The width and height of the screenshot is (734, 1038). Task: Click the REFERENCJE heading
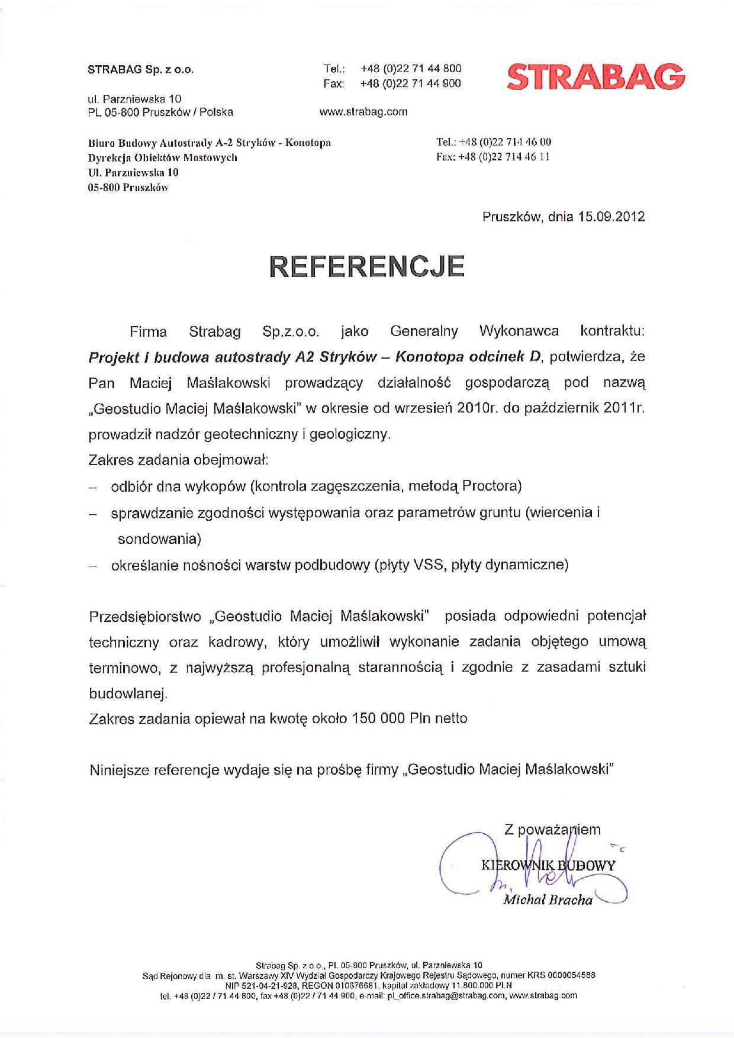click(x=367, y=267)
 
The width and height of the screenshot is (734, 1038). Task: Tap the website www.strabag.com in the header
click(x=363, y=111)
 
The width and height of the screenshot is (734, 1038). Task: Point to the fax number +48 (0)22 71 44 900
click(x=410, y=83)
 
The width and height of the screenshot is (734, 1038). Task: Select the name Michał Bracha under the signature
click(x=548, y=900)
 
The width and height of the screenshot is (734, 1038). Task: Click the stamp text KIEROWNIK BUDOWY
click(x=548, y=865)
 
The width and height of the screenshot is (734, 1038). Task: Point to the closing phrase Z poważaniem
click(x=552, y=830)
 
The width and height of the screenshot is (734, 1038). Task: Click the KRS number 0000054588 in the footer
click(x=572, y=975)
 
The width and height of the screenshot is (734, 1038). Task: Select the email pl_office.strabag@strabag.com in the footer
click(x=446, y=996)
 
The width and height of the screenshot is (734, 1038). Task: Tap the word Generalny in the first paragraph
click(x=424, y=331)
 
